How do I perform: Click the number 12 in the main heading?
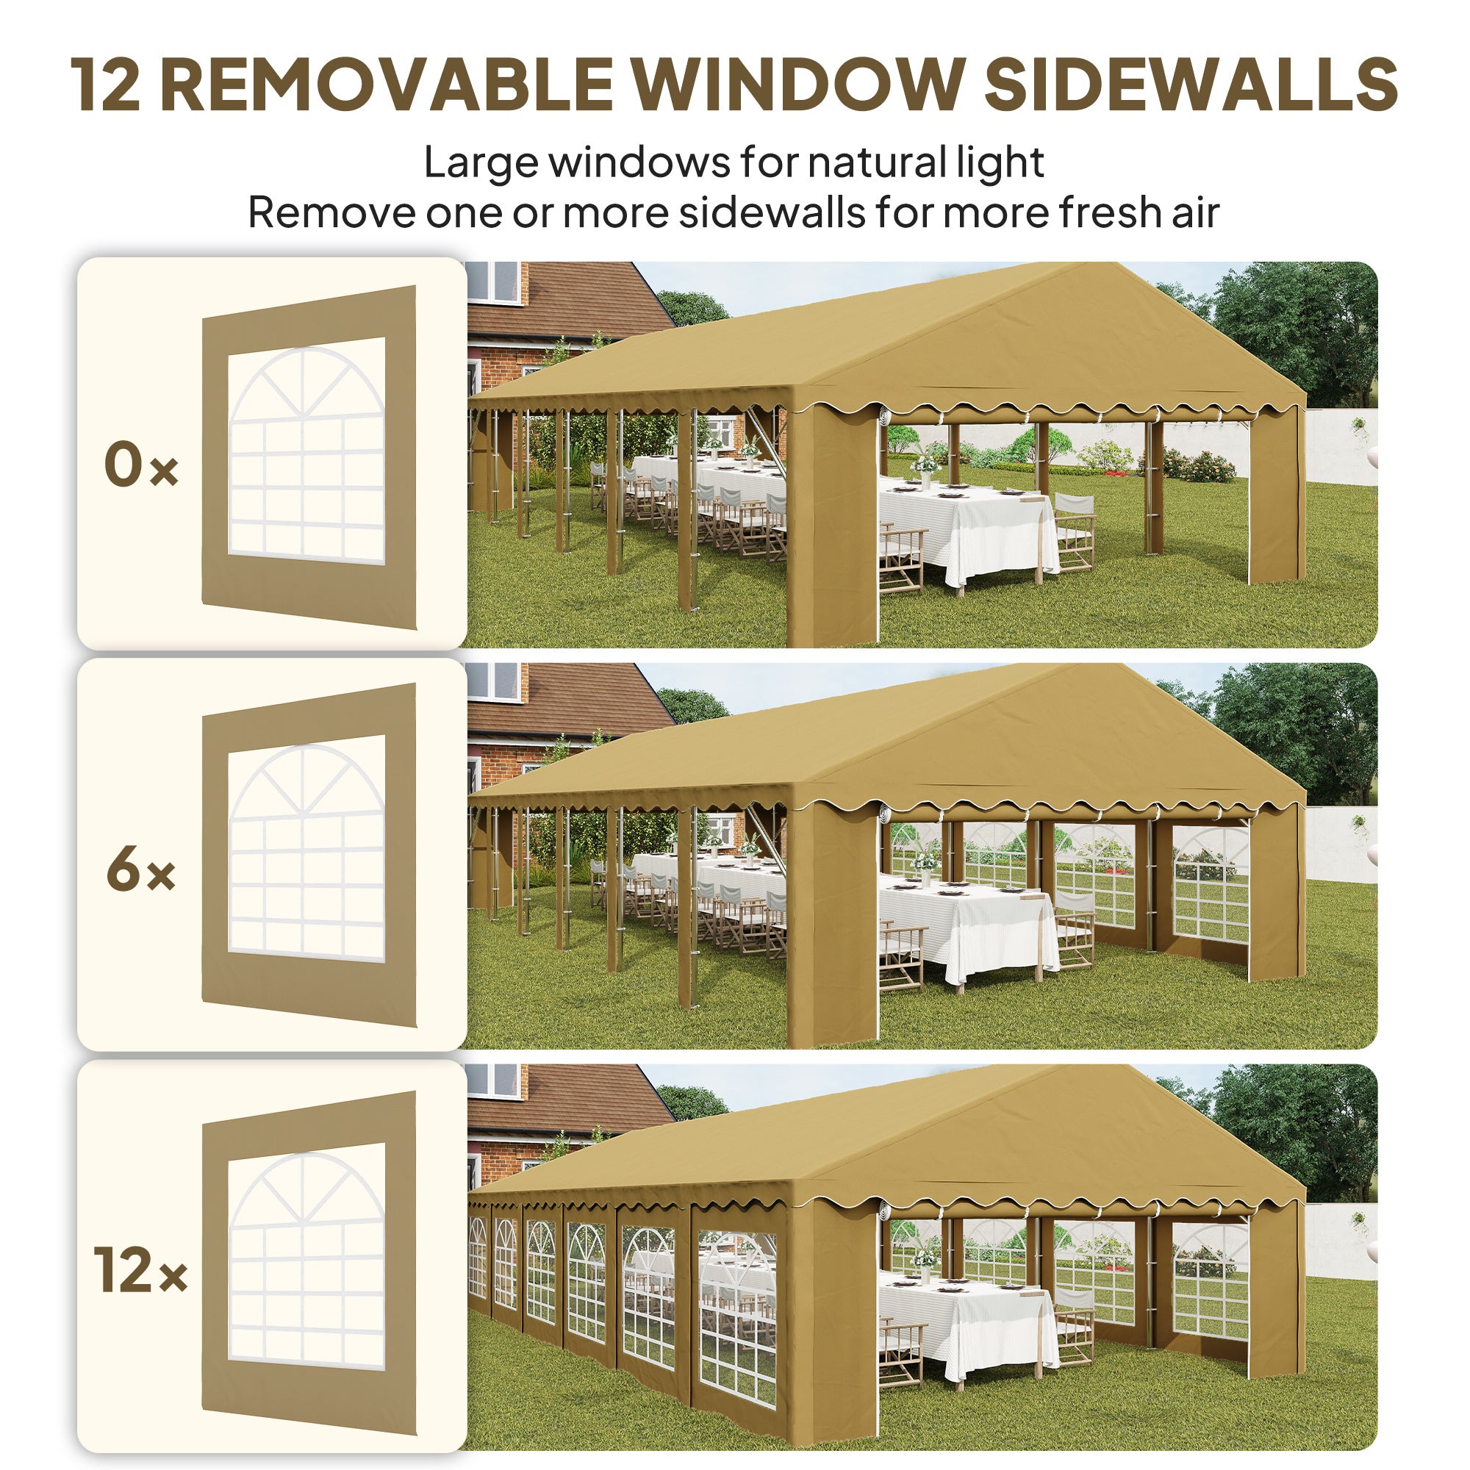point(106,85)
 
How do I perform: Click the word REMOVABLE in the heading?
point(387,85)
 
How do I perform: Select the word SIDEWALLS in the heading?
point(1191,85)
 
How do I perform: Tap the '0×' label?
point(141,466)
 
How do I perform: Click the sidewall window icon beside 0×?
point(308,456)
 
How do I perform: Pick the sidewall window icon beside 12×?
point(308,1263)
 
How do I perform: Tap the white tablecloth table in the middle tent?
point(967,925)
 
